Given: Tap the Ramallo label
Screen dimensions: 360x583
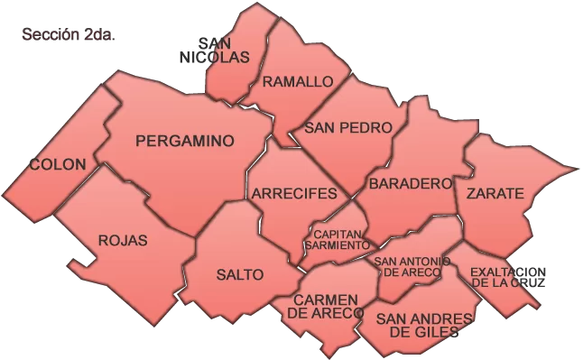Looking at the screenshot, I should (298, 82).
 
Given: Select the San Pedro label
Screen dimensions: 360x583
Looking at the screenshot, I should (347, 128).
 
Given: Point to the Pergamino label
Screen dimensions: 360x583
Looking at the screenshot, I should (184, 141).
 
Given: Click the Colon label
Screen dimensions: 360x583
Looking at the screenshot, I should (58, 165).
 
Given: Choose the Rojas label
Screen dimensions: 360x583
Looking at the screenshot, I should (122, 241).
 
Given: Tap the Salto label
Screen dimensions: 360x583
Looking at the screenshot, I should (240, 274).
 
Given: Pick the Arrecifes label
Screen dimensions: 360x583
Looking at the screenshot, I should (294, 194).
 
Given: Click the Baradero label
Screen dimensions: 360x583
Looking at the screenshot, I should (410, 183).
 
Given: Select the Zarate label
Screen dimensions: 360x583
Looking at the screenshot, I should (495, 194).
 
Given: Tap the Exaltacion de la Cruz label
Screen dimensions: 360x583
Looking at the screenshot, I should (508, 276).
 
